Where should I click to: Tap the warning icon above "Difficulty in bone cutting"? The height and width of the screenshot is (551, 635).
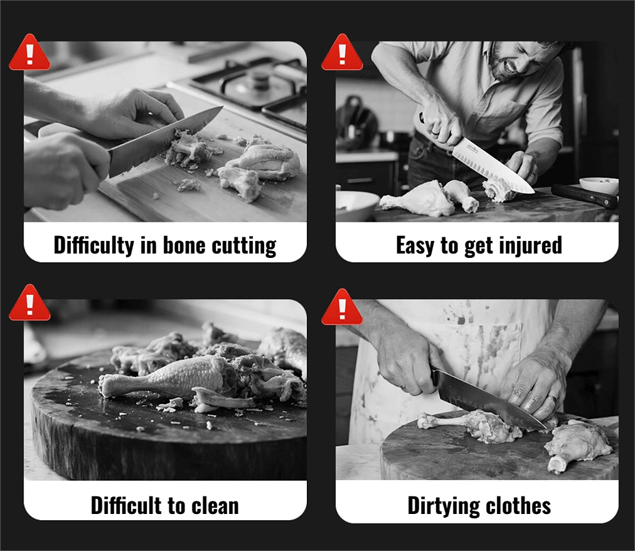tap(29, 53)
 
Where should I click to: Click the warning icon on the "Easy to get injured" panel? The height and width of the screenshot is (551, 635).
tap(342, 53)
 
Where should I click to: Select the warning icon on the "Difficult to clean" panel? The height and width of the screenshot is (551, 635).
tap(29, 303)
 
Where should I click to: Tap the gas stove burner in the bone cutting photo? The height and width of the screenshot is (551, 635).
tap(258, 81)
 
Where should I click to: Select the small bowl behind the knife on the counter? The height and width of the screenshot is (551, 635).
tap(599, 186)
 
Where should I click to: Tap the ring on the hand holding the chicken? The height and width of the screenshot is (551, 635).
tap(552, 399)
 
